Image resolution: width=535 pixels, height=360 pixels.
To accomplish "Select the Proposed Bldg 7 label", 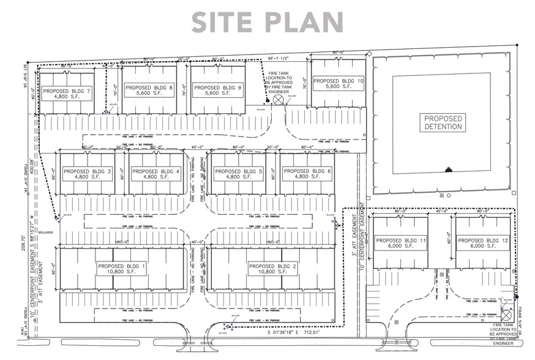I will click(67, 94).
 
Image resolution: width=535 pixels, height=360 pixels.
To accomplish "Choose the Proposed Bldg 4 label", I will click(155, 174).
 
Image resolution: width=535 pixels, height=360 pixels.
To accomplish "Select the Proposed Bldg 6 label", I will click(307, 174).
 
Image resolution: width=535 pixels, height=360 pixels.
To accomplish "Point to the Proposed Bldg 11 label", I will click(400, 243).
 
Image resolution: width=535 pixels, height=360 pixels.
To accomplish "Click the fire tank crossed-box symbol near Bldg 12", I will click(507, 313).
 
